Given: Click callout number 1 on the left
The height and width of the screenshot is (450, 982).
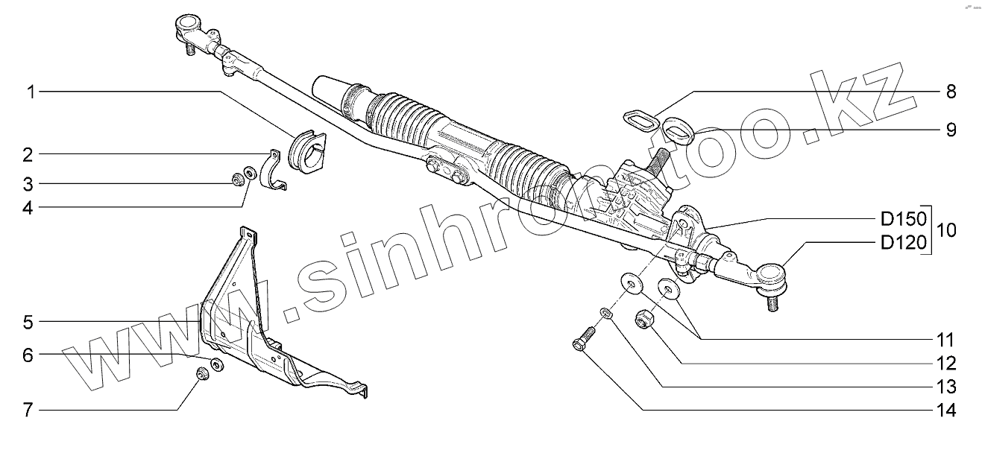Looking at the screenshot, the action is (30, 92).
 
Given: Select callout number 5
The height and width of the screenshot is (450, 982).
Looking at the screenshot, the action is (28, 323).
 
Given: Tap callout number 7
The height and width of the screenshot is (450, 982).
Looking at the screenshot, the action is (28, 410).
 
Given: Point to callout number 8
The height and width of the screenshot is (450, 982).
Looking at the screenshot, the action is (951, 92).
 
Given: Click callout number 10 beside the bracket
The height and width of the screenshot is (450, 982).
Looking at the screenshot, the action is (945, 231).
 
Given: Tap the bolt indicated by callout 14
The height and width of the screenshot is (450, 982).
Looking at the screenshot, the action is (582, 338).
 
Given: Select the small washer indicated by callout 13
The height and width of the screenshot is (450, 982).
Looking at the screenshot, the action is (606, 313).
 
